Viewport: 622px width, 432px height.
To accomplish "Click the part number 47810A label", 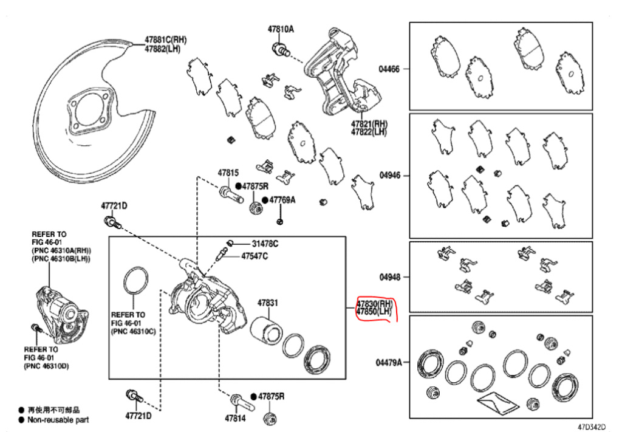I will [281, 29].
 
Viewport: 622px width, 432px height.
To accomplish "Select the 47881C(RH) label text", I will [165, 39].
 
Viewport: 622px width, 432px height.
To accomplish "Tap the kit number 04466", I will [389, 69].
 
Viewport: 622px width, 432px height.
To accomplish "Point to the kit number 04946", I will [389, 175].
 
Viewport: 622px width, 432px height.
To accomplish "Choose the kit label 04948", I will [389, 277].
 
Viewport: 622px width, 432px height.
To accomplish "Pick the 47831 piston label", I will [267, 302].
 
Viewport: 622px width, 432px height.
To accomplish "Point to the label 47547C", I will [255, 256].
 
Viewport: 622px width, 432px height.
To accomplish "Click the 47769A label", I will [282, 199].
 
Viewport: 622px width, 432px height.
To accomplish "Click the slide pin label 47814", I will [234, 418].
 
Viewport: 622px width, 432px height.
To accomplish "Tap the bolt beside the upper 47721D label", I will [111, 222].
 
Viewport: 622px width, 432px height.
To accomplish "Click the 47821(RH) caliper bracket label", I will [368, 123].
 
